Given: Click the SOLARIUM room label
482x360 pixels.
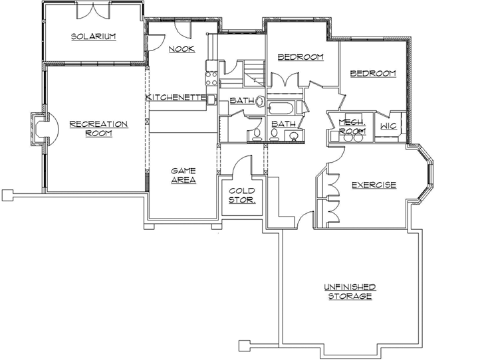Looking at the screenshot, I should pos(94,37).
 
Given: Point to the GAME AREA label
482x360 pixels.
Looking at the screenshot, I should pos(183,175).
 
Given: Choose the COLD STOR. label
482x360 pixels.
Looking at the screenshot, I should pos(242,195).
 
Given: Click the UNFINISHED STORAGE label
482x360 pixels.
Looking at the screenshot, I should pos(349,292).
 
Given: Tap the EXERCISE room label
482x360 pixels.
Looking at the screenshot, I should pos(374,185).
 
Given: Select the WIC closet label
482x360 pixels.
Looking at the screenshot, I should pos(388,126).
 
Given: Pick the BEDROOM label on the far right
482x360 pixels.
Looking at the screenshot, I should pos(373,74).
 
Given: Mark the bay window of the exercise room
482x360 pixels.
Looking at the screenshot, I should pos(425,177).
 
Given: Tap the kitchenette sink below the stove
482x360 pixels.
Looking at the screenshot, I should pos(211,100).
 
